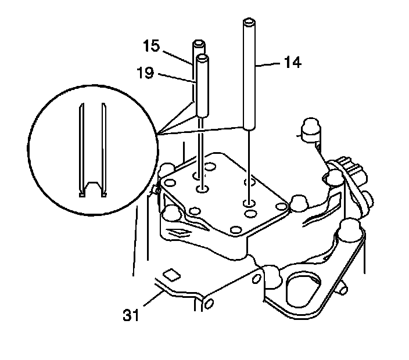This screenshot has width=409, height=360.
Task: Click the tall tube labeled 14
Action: click(x=249, y=75)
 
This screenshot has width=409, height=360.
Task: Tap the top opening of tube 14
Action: click(x=249, y=23)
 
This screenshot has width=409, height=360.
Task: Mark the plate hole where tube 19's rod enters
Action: click(x=202, y=189)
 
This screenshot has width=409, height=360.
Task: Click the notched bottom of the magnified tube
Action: click(x=92, y=189)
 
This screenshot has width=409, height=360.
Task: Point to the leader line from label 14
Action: click(x=270, y=66)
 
